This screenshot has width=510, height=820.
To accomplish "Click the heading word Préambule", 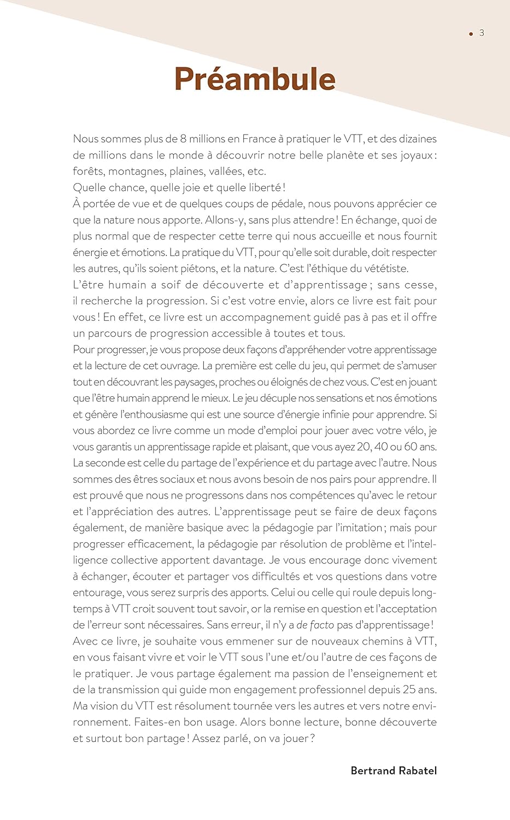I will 255,79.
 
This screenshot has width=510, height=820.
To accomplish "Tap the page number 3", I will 482,33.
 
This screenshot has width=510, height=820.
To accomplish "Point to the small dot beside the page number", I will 471,34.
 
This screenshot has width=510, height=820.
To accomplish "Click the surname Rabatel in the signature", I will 418,770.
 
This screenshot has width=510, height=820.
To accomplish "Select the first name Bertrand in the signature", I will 373,770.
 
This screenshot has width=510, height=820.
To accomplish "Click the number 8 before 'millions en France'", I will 184,139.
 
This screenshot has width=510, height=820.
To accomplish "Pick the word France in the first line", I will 260,139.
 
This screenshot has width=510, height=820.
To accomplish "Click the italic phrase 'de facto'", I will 315,625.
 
